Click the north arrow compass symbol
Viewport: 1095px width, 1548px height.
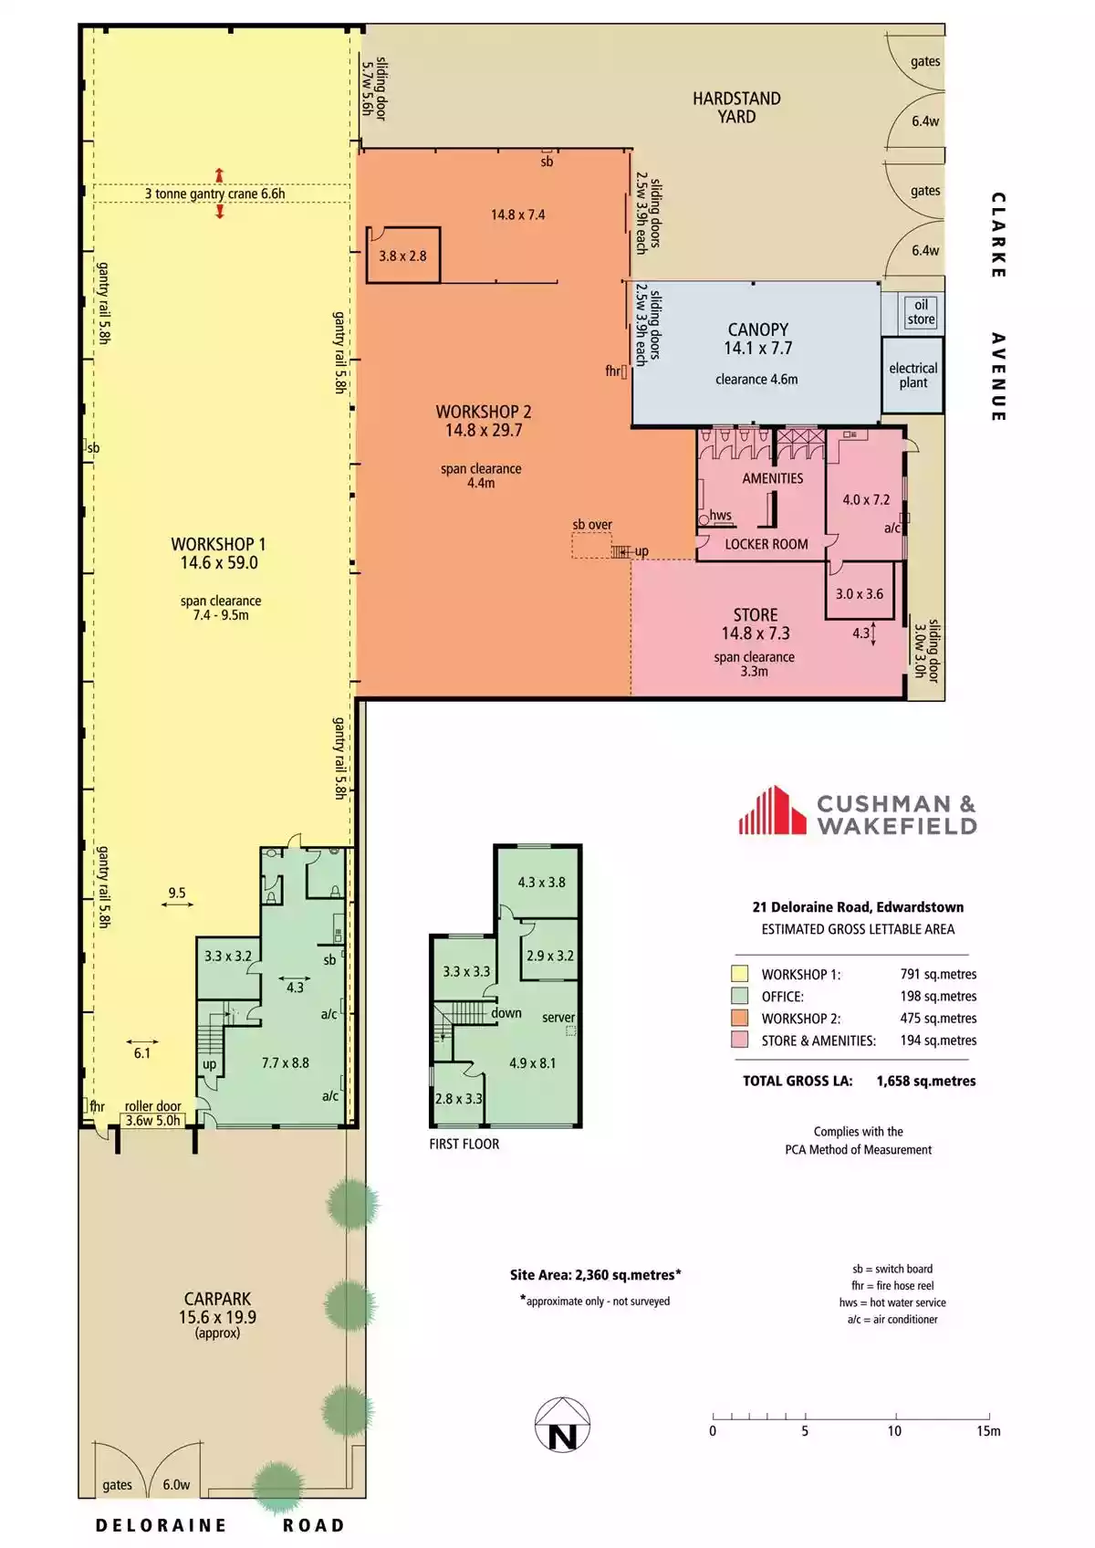(x=562, y=1424)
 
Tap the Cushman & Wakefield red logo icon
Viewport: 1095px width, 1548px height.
(x=772, y=810)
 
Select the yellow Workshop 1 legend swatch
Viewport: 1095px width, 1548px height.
(x=739, y=974)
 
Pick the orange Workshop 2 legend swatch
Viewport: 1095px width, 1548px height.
(x=739, y=1018)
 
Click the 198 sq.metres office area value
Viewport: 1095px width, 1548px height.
(x=937, y=996)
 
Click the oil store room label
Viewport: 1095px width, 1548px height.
(x=921, y=312)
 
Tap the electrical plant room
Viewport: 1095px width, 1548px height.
(x=912, y=375)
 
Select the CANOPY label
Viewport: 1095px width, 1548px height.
(x=758, y=329)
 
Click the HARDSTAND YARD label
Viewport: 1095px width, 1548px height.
(x=736, y=108)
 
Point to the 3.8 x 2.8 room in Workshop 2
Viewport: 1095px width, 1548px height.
(x=402, y=255)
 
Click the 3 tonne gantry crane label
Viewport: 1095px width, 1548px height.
(x=214, y=193)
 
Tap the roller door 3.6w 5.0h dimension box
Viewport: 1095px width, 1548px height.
(x=152, y=1120)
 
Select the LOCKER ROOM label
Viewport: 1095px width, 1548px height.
(x=766, y=545)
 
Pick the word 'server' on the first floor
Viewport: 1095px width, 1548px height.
(x=558, y=1018)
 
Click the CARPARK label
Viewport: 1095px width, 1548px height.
(x=217, y=1299)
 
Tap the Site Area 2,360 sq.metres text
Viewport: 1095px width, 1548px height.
(x=596, y=1275)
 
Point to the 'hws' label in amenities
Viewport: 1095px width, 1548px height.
(x=721, y=515)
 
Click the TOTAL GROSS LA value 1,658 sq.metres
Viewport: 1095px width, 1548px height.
(x=926, y=1081)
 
